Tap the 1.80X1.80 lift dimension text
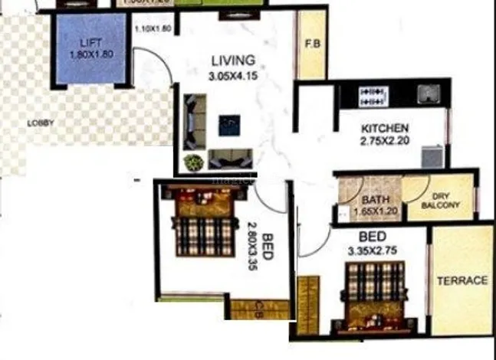pyautogui.click(x=90, y=55)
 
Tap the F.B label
pyautogui.click(x=312, y=44)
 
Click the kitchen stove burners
pyautogui.click(x=372, y=96)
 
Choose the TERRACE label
pyautogui.click(x=462, y=280)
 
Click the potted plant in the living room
pyautogui.click(x=193, y=162)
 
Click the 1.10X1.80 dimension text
pyautogui.click(x=152, y=30)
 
